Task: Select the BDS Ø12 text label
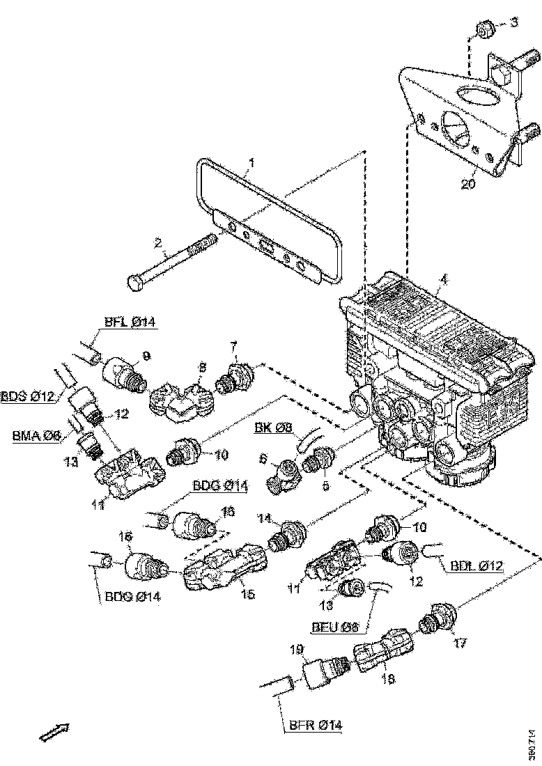click(28, 396)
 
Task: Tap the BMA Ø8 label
click(37, 437)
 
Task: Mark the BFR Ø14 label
click(315, 725)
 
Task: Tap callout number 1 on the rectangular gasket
click(251, 164)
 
